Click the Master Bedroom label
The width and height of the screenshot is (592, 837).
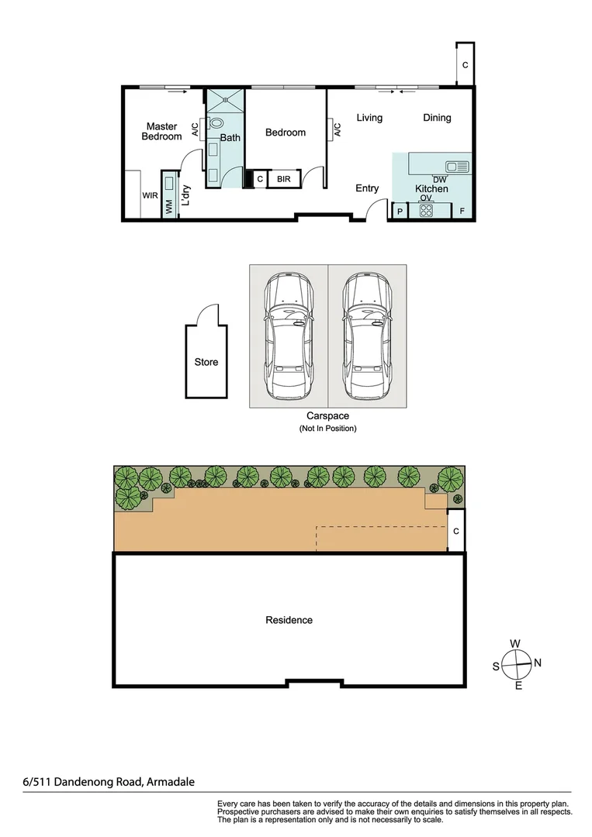pos(161,131)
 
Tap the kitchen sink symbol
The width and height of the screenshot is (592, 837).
pos(456,166)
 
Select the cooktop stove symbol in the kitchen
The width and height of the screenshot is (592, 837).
pos(425,210)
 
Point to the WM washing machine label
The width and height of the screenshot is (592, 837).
pos(168,207)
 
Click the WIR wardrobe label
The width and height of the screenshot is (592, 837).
pos(150,196)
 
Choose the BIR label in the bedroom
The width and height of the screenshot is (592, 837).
pos(284,180)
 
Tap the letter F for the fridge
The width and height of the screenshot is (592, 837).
pos(462,211)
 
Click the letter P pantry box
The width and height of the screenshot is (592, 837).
pos(400,211)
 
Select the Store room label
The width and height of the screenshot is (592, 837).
pos(206,362)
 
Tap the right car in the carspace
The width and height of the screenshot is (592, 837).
pos(366,338)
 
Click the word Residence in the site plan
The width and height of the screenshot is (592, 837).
pos(289,620)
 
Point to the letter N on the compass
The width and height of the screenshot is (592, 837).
pos(538,663)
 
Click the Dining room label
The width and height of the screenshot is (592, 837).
pos(437,118)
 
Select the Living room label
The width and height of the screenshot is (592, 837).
pos(369,118)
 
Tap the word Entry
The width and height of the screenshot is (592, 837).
pos(367,188)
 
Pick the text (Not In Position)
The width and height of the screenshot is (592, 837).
pos(327,429)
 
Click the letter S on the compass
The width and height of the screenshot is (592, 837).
pos(496,666)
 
